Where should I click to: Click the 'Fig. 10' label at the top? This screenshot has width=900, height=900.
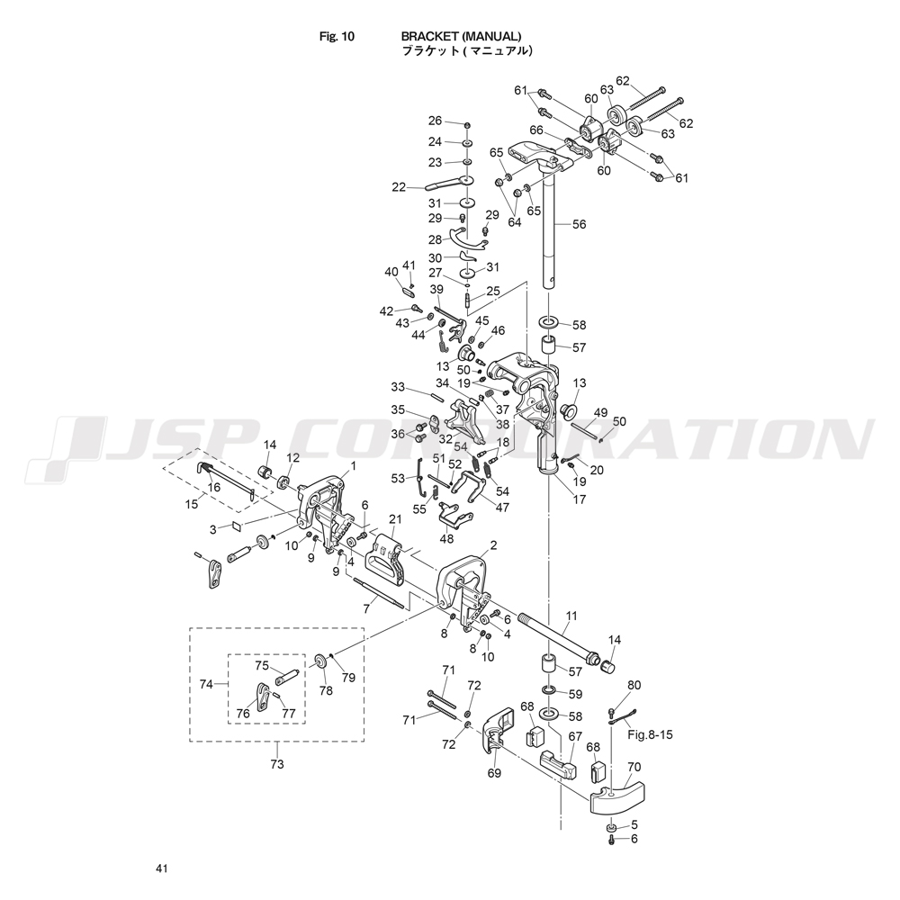tap(337, 37)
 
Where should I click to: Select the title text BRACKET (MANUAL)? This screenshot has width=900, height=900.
tap(461, 37)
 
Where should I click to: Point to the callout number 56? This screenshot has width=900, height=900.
tap(579, 225)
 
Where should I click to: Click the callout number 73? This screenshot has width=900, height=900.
tap(276, 764)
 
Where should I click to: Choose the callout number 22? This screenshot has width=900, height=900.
tap(399, 187)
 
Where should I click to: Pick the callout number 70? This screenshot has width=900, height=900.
tap(634, 769)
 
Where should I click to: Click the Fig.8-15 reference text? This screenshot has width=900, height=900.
tap(649, 733)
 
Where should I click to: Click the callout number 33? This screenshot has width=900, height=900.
tap(398, 388)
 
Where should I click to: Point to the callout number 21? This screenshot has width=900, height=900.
tap(394, 519)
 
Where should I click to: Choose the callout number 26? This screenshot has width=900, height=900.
tap(435, 121)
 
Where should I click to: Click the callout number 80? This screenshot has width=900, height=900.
tap(634, 685)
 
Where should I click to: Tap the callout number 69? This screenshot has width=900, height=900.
tap(494, 773)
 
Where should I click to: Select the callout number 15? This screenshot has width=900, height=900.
tap(191, 504)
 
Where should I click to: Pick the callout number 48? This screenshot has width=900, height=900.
tap(447, 539)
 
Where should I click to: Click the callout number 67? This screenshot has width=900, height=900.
tap(575, 735)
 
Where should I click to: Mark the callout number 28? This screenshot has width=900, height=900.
tap(435, 240)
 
